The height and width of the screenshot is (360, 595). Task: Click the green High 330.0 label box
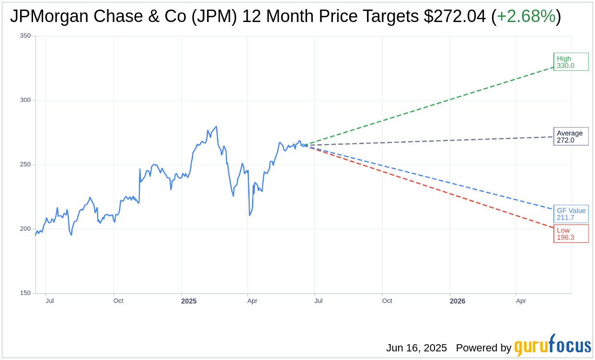(x=571, y=62)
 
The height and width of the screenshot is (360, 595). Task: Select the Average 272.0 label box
(x=571, y=136)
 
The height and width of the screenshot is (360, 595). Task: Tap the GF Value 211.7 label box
(x=571, y=214)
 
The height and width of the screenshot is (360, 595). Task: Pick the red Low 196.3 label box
(x=571, y=234)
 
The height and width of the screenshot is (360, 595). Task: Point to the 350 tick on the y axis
(x=25, y=36)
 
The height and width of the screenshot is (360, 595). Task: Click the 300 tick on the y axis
(x=25, y=100)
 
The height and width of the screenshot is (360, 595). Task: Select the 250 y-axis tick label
(x=25, y=165)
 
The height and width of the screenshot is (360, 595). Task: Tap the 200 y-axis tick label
(x=25, y=229)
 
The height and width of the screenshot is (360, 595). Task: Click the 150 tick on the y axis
(x=25, y=293)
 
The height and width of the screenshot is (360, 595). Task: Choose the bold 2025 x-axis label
(x=189, y=301)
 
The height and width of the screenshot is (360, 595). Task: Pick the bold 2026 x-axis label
(x=458, y=301)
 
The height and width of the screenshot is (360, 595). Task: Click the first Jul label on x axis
(x=50, y=301)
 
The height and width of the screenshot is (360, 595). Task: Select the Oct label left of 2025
(x=118, y=301)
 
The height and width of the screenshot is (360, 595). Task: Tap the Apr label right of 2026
(x=521, y=301)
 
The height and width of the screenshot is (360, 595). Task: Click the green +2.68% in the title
(x=526, y=16)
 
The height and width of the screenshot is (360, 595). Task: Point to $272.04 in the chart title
(x=455, y=16)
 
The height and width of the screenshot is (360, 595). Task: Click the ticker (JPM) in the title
(x=215, y=16)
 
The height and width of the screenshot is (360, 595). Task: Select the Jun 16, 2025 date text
(x=416, y=348)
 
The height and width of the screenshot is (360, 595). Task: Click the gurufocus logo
(x=552, y=346)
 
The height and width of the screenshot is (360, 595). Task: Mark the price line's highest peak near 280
(x=217, y=127)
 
